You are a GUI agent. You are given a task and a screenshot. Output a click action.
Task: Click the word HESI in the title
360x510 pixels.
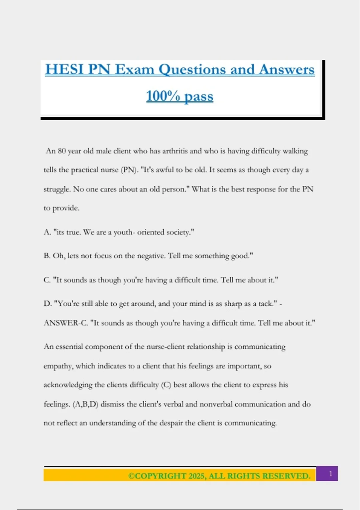64,70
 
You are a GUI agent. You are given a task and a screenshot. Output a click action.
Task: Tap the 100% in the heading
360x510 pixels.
163,96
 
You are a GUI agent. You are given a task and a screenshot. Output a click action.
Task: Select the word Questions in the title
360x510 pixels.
192,70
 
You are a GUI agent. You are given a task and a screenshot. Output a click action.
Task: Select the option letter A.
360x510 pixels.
47,232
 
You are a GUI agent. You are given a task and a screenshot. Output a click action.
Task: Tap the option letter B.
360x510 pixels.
47,256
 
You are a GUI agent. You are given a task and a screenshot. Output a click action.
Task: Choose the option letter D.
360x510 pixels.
47,304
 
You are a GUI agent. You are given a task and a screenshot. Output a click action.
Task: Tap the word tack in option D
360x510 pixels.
266,304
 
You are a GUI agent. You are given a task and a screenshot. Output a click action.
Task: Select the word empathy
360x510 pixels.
58,366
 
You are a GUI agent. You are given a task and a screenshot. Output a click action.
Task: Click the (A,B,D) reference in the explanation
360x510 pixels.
85,404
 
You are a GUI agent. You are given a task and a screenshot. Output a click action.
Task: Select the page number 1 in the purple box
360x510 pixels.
331,474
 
